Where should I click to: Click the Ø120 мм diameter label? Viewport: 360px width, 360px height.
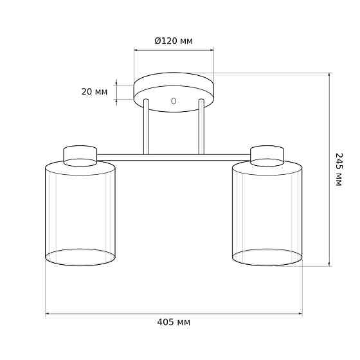[x=174, y=41]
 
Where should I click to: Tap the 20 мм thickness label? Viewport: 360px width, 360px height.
[x=94, y=92]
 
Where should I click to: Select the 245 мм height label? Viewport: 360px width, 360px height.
[x=339, y=170]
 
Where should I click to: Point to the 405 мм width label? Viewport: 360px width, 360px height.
[x=174, y=322]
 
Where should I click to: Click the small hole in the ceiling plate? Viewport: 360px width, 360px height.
[x=174, y=101]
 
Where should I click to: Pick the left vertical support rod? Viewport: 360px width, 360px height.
[x=147, y=127]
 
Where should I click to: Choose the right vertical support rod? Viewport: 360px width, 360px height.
[x=201, y=127]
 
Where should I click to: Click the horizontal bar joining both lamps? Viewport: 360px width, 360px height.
[x=174, y=157]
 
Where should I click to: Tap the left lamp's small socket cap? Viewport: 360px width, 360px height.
[x=80, y=156]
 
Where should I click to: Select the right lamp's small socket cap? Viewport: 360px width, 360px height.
[x=267, y=156]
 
